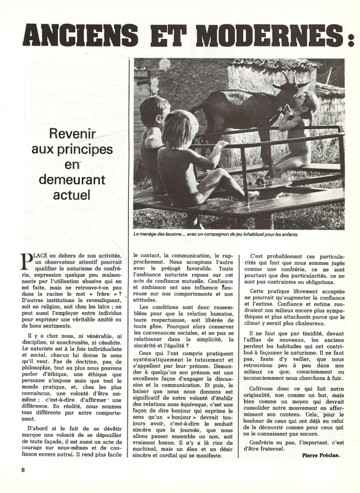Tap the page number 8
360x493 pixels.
tap(23, 470)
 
